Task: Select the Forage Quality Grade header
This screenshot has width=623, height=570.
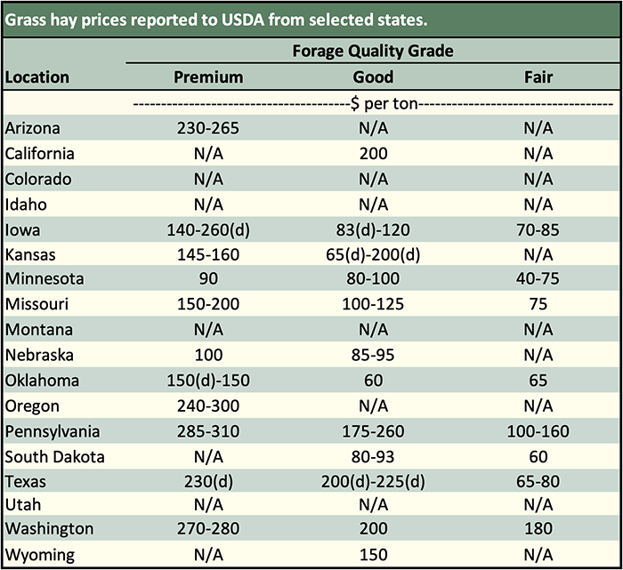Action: tap(373, 51)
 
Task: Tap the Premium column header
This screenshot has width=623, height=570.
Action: tap(207, 77)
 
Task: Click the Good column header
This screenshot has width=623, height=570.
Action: tap(373, 77)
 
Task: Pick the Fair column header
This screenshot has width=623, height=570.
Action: tap(538, 77)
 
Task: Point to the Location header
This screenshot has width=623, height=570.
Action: tap(37, 77)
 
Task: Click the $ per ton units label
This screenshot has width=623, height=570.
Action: tap(373, 104)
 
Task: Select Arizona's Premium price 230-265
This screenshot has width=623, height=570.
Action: tap(207, 128)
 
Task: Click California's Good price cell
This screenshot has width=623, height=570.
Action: tap(373, 153)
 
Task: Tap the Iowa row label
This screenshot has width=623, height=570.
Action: tap(21, 229)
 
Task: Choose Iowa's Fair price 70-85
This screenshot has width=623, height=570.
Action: tap(538, 229)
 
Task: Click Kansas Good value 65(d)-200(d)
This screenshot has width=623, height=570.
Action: tap(373, 254)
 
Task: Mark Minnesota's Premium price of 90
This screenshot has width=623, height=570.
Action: tap(207, 279)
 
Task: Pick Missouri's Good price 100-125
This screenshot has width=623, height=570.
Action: tap(373, 305)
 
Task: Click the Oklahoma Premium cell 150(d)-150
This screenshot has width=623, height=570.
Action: tap(207, 381)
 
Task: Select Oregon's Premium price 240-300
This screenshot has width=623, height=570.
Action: tap(207, 406)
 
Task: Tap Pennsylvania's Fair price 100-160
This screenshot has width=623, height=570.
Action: tap(538, 432)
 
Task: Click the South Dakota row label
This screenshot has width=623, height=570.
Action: tap(55, 457)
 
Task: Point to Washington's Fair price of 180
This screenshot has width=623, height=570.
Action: tap(538, 529)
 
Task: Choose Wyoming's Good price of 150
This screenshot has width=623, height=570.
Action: tap(373, 555)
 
